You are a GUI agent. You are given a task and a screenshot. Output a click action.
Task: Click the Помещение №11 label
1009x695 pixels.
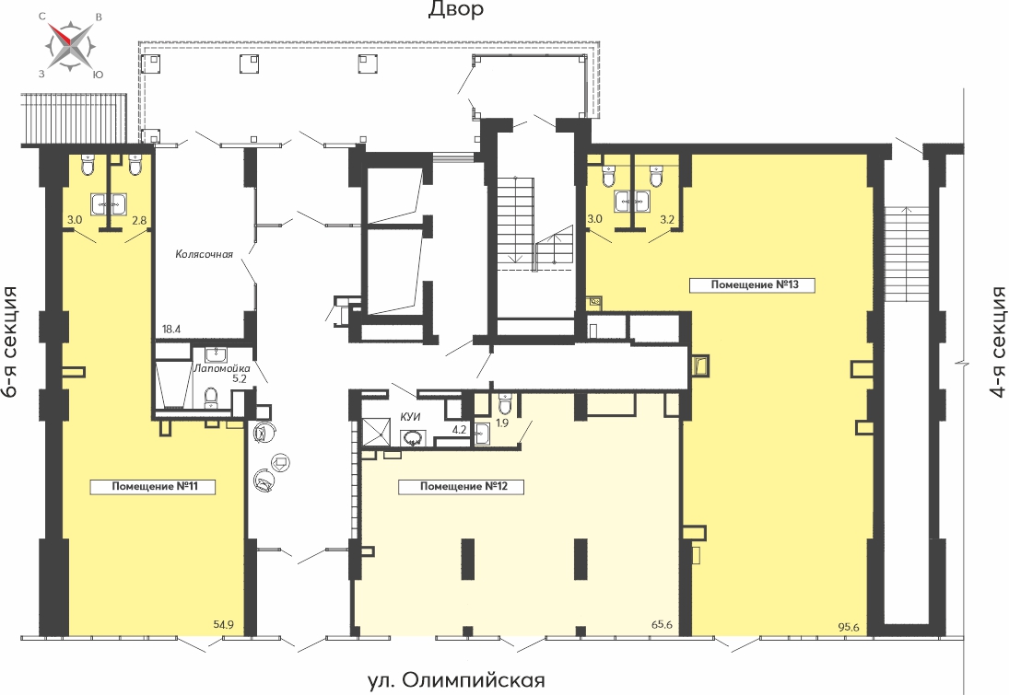[x=155, y=486]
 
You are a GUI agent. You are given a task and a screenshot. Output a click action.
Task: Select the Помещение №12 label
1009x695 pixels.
[x=464, y=486]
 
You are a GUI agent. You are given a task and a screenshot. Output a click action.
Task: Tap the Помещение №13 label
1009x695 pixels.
[x=754, y=284]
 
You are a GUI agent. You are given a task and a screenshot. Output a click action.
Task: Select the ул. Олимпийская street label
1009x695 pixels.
[x=456, y=679]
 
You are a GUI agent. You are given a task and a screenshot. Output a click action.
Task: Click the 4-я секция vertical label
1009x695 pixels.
[x=997, y=342]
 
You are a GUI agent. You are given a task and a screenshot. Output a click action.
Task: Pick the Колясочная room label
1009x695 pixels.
[x=204, y=254]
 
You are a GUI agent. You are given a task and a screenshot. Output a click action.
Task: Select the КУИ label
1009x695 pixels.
[x=411, y=417]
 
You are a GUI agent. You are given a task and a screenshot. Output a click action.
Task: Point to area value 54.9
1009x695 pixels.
[x=223, y=623]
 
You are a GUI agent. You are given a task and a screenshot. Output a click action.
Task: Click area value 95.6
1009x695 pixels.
[x=848, y=628]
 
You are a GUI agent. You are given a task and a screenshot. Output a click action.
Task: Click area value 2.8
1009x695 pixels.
[x=139, y=220]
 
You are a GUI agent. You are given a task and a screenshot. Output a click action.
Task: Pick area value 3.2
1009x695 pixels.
[x=667, y=219]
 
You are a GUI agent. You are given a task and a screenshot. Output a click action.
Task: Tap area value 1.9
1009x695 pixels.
[x=502, y=423]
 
